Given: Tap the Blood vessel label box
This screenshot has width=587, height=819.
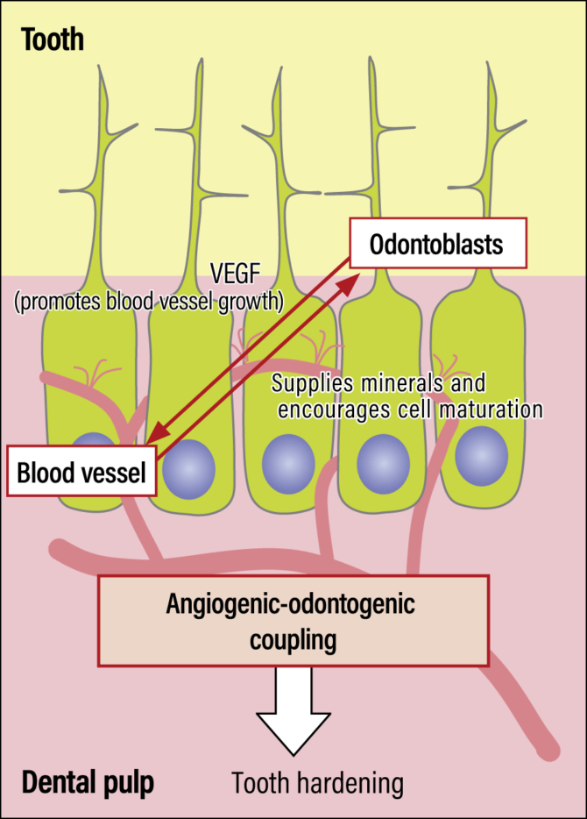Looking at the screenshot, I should tap(81, 474).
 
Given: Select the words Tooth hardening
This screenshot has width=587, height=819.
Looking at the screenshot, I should tap(317, 782).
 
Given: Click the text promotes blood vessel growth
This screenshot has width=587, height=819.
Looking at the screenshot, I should tap(149, 303).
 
